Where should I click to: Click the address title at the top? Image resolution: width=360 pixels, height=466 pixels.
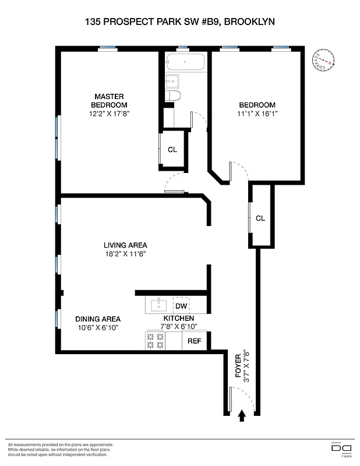pyautogui.click(x=179, y=22)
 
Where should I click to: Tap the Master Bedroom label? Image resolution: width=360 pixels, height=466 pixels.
pyautogui.click(x=109, y=100)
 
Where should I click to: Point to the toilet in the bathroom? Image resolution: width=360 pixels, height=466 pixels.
pyautogui.click(x=173, y=96)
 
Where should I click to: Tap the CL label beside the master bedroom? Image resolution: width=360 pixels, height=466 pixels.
pyautogui.click(x=172, y=150)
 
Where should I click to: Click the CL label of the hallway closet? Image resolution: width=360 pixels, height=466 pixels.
pyautogui.click(x=260, y=218)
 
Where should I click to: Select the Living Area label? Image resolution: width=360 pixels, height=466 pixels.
pyautogui.click(x=125, y=245)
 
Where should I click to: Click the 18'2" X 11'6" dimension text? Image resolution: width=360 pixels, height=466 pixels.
pyautogui.click(x=125, y=254)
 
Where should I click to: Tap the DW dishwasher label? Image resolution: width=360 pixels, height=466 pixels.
pyautogui.click(x=181, y=306)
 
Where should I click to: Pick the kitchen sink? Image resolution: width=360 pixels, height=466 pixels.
pyautogui.click(x=157, y=305)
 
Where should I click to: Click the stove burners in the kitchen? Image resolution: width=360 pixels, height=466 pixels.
pyautogui.click(x=155, y=341)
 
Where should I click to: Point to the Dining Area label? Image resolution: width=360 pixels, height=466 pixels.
pyautogui.click(x=98, y=319)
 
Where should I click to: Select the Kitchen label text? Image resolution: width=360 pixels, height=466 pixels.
pyautogui.click(x=178, y=319)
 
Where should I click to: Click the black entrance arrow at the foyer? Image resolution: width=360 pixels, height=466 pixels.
pyautogui.click(x=242, y=415)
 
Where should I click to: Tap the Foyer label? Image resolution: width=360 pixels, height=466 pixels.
pyautogui.click(x=238, y=366)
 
